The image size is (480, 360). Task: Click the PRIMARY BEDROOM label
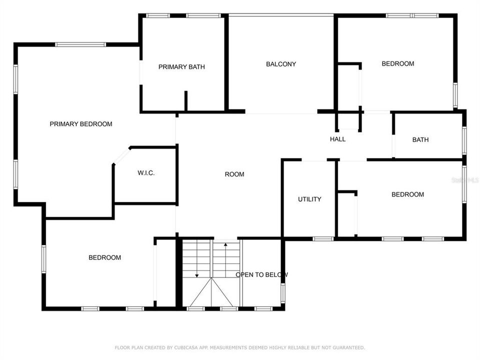pos(81,124)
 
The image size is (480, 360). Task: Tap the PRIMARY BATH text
pos(181,67)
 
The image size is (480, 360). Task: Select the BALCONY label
pos(281,64)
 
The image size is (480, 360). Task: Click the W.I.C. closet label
pos(146,173)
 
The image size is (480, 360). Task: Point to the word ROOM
pos(234,174)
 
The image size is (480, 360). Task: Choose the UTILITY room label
pos(309,199)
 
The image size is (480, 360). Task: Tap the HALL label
pos(338,139)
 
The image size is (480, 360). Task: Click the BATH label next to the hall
pos(420,140)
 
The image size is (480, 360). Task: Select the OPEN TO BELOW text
pos(261,274)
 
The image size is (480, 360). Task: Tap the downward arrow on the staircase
pos(197,274)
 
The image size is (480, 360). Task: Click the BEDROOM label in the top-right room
pos(398,63)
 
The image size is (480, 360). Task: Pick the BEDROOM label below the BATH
pos(407,194)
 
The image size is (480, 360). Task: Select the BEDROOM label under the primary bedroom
pos(105,257)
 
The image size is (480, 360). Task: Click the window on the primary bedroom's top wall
pos(80,44)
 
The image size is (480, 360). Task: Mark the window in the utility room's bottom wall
pos(323,238)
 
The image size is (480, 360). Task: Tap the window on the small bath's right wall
pos(464,140)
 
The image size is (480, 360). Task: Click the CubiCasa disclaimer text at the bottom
pos(240,347)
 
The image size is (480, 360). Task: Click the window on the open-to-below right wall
pos(282,293)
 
